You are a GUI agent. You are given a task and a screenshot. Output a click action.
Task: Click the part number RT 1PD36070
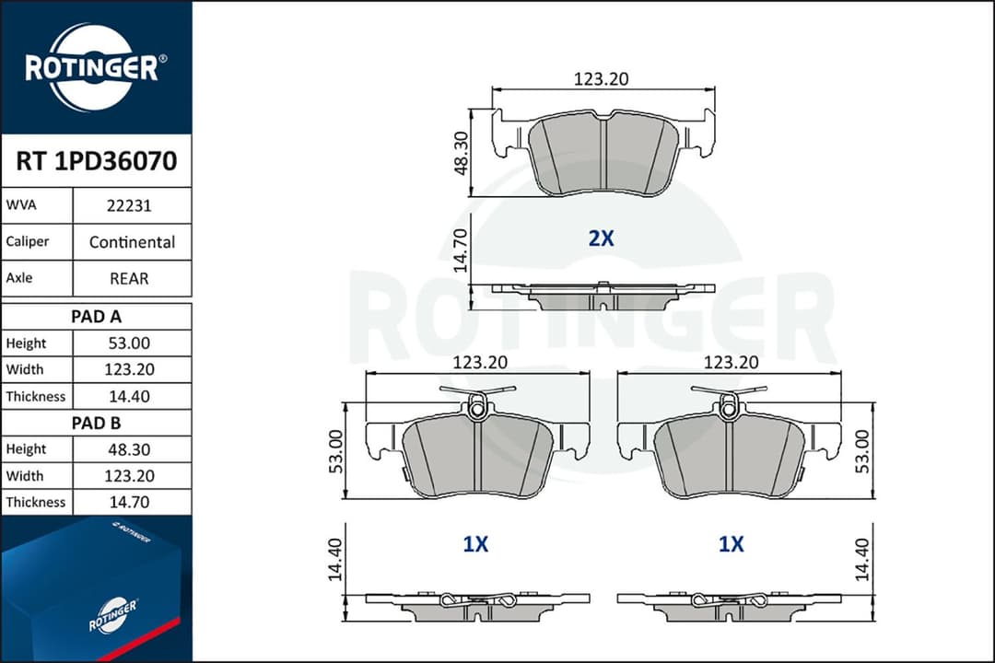pos(96,162)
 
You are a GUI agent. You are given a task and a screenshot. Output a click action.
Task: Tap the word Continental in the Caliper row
pos(132,242)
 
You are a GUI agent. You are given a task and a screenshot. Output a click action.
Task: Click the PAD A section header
pos(96,316)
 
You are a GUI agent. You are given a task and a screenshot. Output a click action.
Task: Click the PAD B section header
pos(96,423)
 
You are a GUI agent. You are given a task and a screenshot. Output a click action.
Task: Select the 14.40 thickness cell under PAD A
pos(132,396)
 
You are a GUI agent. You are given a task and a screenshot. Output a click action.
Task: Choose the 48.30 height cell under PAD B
pos(132,449)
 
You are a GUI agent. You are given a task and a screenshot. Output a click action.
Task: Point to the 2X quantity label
pos(601,238)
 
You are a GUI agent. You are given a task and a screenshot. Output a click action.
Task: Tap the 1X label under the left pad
pos(475,544)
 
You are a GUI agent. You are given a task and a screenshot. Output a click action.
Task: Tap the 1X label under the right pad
pos(731,544)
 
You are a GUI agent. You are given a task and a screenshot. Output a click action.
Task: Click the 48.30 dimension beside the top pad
pos(462,152)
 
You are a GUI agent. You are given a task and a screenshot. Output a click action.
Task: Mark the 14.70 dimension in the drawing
pos(462,250)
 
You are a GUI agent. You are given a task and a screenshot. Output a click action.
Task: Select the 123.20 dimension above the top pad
pos(601,80)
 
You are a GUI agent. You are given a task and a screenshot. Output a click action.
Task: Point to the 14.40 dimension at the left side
pos(335,560)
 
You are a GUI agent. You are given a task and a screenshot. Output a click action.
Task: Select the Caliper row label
pos(27,242)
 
